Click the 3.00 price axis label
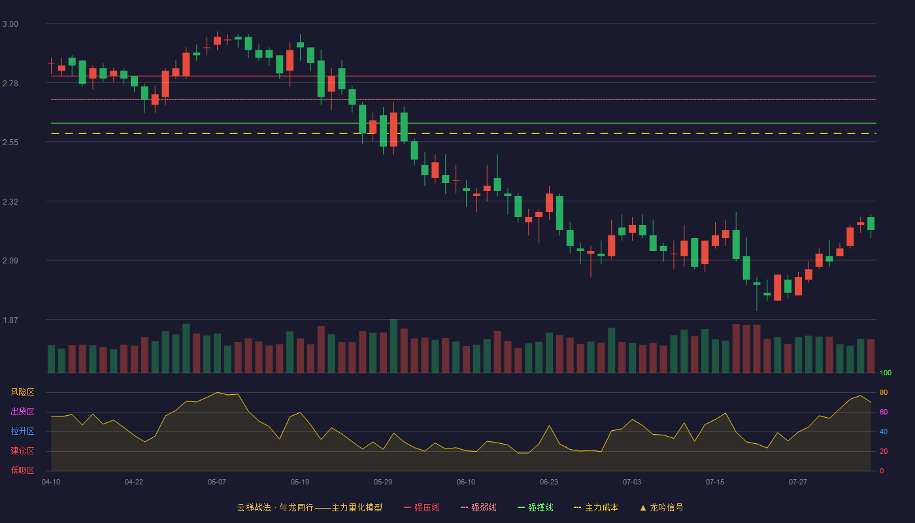[x=10, y=24]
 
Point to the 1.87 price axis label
[x=10, y=320]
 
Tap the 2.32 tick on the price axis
[x=10, y=202]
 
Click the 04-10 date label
[x=51, y=482]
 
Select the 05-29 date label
[x=383, y=482]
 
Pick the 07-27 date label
[x=798, y=482]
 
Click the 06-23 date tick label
[x=548, y=482]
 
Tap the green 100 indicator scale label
[x=886, y=373]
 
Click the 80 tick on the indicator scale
[x=884, y=392]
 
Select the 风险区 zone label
[x=22, y=392]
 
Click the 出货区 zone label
[x=22, y=411]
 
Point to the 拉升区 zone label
[x=22, y=431]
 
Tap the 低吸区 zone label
[x=22, y=470]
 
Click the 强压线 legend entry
[x=422, y=507]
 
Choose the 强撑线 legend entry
[x=535, y=507]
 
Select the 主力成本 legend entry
[x=596, y=507]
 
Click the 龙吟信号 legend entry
[x=661, y=507]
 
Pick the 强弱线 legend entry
[x=478, y=507]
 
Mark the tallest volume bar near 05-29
[x=393, y=346]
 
